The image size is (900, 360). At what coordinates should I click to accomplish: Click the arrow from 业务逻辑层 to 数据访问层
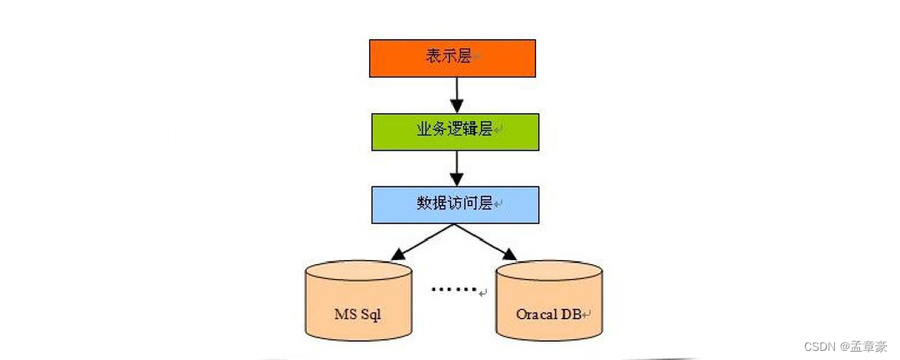455,167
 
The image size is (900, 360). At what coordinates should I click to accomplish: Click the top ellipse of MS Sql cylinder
358,272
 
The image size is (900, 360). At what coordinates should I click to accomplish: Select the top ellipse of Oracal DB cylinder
548,272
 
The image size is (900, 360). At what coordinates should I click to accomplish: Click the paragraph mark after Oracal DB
587,315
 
